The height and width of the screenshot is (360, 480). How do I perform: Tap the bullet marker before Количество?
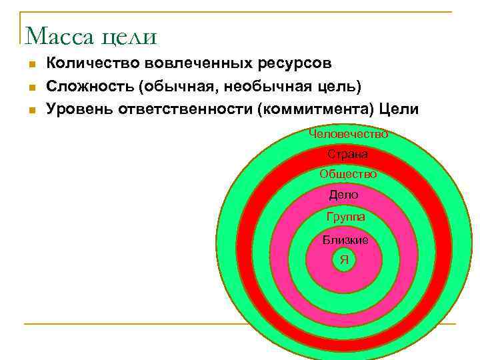[31, 65]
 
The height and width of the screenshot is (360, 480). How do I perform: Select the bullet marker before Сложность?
[31, 88]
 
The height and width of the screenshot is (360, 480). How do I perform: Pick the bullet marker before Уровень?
[31, 110]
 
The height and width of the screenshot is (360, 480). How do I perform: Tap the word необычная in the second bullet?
[266, 87]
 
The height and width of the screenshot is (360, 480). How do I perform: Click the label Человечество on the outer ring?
[348, 133]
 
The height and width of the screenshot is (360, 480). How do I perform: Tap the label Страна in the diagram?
[347, 154]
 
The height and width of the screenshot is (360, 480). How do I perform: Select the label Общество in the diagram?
[348, 174]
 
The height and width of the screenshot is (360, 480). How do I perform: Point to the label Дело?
[344, 195]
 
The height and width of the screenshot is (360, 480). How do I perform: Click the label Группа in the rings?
[345, 217]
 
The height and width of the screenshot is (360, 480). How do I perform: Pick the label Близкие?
[345, 240]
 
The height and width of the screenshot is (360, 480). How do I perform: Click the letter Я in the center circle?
[344, 259]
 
